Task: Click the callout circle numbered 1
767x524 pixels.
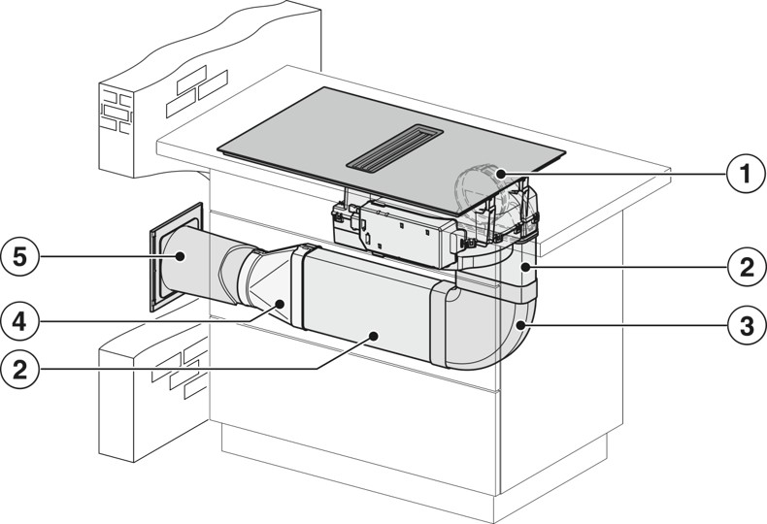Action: (743, 177)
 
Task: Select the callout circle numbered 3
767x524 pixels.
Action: (743, 326)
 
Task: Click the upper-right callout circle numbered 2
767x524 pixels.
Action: (743, 267)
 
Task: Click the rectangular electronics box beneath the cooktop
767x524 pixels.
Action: (398, 233)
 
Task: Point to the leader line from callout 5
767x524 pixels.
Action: (107, 257)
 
